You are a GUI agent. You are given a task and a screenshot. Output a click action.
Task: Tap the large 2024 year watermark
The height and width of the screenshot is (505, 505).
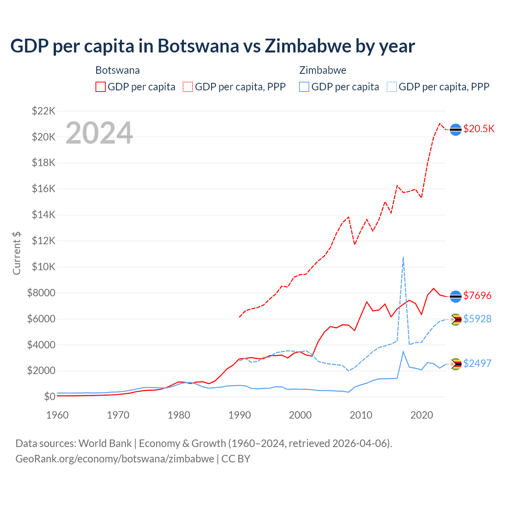point(99,133)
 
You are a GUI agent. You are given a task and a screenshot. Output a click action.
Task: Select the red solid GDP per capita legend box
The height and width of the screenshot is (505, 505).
point(101,87)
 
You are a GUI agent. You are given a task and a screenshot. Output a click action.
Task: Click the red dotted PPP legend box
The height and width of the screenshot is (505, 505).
point(188,87)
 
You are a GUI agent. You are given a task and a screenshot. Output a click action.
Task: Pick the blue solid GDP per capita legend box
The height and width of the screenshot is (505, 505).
point(304,87)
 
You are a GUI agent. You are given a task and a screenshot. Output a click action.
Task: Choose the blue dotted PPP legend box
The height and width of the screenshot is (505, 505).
point(392,87)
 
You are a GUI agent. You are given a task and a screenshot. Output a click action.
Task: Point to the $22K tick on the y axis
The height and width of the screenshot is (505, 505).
point(43,111)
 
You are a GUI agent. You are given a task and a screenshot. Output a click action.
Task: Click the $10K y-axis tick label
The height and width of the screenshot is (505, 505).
point(43,267)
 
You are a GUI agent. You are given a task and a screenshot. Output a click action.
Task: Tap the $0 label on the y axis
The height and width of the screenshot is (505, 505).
point(49,397)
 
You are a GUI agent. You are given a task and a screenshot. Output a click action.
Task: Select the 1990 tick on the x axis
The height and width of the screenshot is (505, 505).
point(239,415)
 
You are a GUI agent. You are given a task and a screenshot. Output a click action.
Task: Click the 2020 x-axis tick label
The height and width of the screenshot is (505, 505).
point(422,415)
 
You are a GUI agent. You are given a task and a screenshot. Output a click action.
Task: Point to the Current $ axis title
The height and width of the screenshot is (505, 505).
point(17,253)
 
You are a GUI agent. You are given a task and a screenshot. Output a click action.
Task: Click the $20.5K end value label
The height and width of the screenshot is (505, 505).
point(479,129)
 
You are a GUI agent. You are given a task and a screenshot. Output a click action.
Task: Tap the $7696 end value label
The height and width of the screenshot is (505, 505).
point(477,296)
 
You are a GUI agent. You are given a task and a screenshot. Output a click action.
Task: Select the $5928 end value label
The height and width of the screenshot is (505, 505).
point(477,319)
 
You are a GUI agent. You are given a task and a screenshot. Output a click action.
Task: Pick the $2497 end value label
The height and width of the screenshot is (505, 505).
point(477,363)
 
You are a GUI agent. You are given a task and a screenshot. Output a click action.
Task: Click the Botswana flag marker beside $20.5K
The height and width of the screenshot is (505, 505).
point(456,129)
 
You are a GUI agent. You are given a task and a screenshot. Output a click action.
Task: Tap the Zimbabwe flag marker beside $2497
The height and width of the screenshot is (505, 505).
point(456,364)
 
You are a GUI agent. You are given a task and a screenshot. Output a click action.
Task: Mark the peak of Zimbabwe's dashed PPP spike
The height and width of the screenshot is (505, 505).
point(403,257)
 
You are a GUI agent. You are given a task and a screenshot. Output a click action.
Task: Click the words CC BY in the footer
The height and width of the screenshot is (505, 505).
point(236,459)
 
